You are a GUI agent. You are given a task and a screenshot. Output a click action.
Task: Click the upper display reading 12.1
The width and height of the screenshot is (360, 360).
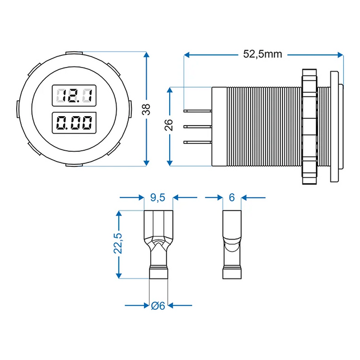pos(73,96)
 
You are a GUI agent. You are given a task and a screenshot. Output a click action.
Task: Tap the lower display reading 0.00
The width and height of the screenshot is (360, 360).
pos(73,123)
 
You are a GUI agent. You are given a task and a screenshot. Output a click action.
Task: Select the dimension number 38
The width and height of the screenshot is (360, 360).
pos(147,110)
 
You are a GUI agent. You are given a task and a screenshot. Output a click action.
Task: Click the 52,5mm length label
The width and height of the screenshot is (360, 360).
pos(263,54)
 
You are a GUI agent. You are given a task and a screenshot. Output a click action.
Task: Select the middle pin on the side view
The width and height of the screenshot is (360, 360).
pos(198,127)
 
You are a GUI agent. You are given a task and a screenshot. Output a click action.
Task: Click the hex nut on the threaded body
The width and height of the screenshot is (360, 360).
pos(308,126)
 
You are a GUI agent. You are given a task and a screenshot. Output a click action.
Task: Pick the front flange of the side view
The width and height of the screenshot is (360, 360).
pos(334,126)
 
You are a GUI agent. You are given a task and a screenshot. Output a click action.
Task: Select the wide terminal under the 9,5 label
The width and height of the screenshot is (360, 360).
pos(159,246)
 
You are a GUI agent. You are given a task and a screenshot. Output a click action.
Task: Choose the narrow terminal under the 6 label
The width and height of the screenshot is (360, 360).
pos(231,246)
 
